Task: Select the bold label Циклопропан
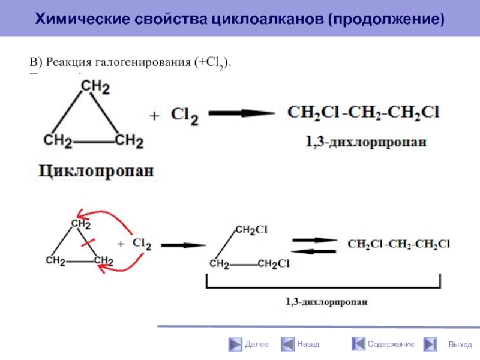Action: [97, 171]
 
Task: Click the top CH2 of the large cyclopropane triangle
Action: [95, 88]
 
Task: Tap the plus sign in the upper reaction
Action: [154, 116]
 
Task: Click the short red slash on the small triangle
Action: [88, 242]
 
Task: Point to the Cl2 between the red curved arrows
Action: [142, 244]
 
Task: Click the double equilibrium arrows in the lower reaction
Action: [314, 244]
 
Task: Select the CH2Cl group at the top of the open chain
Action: [251, 229]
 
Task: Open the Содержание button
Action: [383, 344]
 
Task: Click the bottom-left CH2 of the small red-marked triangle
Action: [57, 261]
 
